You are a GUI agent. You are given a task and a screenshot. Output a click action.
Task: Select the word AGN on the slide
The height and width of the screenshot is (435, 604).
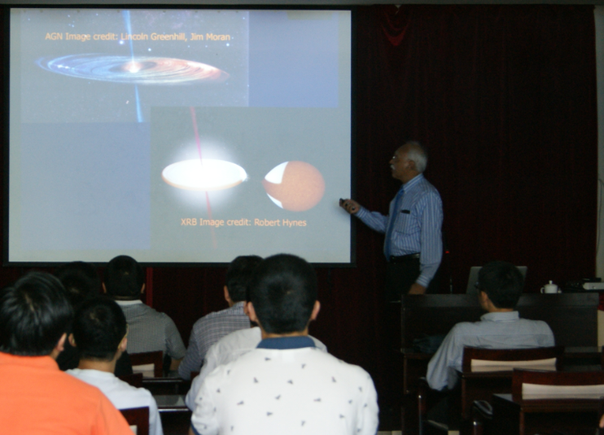coord(54,36)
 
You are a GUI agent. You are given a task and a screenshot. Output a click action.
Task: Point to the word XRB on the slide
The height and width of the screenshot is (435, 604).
coord(189,222)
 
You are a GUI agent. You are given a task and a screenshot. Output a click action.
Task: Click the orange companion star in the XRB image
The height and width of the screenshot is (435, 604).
coord(295,187)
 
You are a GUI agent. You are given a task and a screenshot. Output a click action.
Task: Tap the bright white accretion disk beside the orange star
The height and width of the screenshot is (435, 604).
coord(204,174)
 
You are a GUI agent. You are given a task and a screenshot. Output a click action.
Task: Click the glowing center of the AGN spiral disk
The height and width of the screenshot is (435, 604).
coord(133,68)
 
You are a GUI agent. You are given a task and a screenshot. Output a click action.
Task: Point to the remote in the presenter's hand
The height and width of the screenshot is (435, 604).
coord(345,203)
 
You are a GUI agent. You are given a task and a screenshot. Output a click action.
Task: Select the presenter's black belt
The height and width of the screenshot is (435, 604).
coord(405,257)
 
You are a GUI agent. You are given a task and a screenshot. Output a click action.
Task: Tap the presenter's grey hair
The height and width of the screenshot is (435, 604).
coord(416,154)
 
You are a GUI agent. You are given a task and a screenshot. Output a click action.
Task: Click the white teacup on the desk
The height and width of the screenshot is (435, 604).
coord(550,288)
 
